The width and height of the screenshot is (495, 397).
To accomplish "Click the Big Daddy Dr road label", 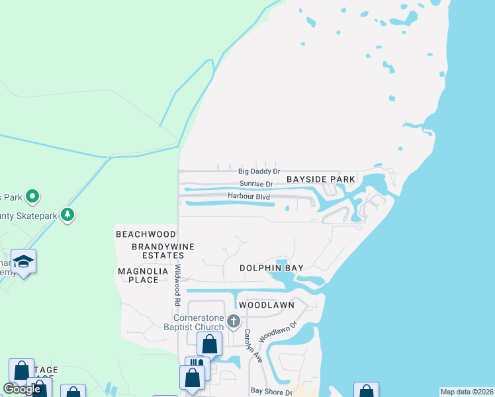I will [259, 172].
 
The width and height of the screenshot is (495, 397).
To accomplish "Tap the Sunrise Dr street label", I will [255, 184].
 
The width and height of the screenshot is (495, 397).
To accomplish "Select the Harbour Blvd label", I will [250, 197].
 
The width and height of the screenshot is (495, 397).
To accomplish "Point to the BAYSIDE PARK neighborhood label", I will [321, 179].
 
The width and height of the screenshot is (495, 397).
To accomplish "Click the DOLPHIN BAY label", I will [271, 268].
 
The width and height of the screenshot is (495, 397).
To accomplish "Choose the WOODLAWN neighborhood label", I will [266, 306].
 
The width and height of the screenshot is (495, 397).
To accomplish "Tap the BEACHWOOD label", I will [146, 234].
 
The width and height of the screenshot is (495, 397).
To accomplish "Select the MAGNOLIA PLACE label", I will [139, 275].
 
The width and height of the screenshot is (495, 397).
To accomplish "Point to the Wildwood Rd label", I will [178, 285].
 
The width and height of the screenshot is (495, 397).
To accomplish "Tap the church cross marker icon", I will [233, 322].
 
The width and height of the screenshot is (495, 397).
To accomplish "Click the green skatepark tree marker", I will [67, 215].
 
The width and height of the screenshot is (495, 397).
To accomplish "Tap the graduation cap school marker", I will [23, 261].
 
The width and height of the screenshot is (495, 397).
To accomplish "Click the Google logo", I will [22, 389].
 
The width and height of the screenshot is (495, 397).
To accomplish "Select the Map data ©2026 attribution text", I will [467, 392].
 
